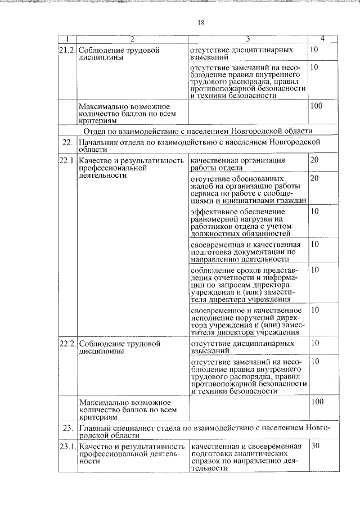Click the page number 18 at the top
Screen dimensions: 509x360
[201, 22]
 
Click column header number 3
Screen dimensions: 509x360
[247, 39]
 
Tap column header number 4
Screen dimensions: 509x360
[322, 39]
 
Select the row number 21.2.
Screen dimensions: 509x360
[67, 51]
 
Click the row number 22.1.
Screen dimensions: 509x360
[67, 161]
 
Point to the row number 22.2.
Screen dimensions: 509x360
[67, 343]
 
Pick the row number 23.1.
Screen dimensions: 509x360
[67, 447]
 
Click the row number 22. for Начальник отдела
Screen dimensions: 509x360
[67, 143]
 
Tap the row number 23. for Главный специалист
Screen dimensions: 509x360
[67, 428]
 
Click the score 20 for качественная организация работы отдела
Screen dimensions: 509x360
[315, 160]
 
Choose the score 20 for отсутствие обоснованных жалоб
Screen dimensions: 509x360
[315, 178]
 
